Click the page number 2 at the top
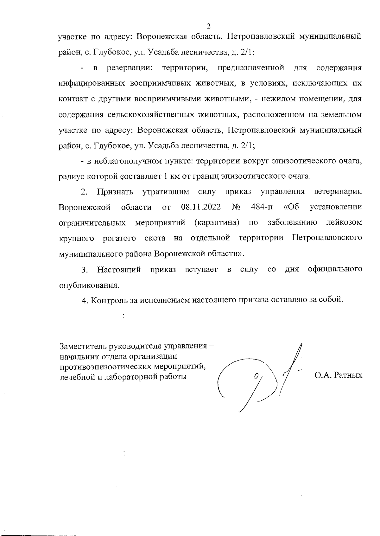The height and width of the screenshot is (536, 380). (208, 26)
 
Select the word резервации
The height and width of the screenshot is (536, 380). (130, 68)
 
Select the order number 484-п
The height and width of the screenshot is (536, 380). (262, 207)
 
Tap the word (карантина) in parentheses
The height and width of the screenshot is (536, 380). (216, 223)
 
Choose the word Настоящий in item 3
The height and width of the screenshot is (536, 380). (119, 270)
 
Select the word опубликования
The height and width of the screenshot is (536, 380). (90, 285)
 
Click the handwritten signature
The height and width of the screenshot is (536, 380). (263, 377)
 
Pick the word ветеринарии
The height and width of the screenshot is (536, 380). (338, 192)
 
